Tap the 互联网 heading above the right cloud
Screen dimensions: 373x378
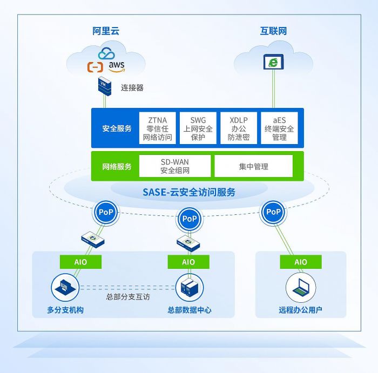point(273,31)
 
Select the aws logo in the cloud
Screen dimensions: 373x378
point(116,66)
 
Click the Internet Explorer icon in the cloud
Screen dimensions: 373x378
point(273,62)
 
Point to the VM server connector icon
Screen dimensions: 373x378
point(105,86)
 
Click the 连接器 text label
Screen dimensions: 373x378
point(132,87)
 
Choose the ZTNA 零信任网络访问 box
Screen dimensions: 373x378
point(157,128)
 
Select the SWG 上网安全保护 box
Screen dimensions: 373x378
point(198,128)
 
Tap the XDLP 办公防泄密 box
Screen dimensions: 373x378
point(239,128)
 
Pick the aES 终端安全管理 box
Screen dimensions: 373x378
point(279,128)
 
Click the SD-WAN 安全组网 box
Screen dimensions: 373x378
point(175,166)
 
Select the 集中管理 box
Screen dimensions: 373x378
point(253,166)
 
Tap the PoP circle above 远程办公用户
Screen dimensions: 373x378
point(274,212)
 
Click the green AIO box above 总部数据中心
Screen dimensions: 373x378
point(188,262)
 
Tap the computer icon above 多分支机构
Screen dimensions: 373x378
point(64,287)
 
